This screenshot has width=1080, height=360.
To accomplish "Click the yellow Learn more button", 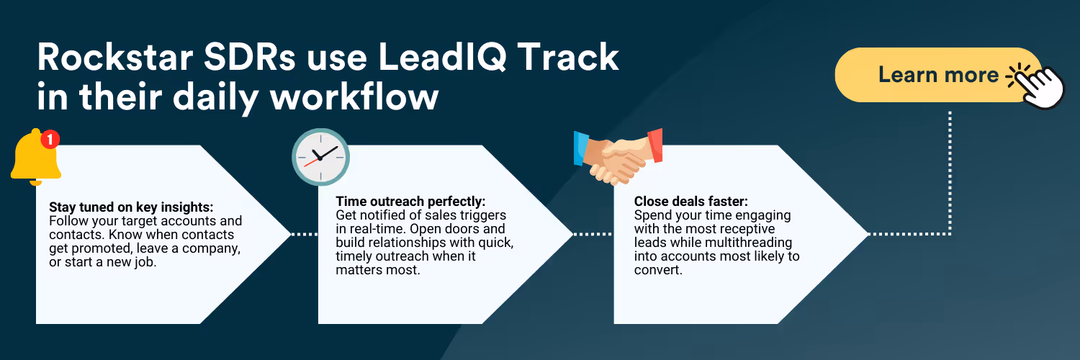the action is tap(937, 75).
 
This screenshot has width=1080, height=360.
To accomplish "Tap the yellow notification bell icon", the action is tap(35, 158).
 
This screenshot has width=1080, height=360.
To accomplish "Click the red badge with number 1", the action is tap(50, 139).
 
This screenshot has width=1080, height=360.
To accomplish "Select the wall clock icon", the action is tap(320, 157).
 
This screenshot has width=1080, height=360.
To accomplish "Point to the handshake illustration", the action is tap(618, 157).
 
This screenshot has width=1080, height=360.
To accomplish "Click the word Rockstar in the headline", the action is tap(115, 58).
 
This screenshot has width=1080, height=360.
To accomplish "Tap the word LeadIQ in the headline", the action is tap(442, 58).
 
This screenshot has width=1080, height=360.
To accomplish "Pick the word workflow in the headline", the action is tap(354, 97).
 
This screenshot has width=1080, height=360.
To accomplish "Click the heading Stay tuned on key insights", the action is tap(131, 207).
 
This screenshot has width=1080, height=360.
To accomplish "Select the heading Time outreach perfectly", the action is tap(411, 201).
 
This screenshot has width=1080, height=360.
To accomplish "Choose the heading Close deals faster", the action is tap(691, 201).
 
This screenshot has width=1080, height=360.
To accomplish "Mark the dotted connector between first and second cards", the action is tap(305, 234).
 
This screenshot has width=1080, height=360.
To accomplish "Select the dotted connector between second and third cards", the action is tap(593, 234).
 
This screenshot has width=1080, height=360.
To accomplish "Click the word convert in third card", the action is tap(657, 270).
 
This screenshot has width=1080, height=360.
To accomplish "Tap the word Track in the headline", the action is tap(569, 58).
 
